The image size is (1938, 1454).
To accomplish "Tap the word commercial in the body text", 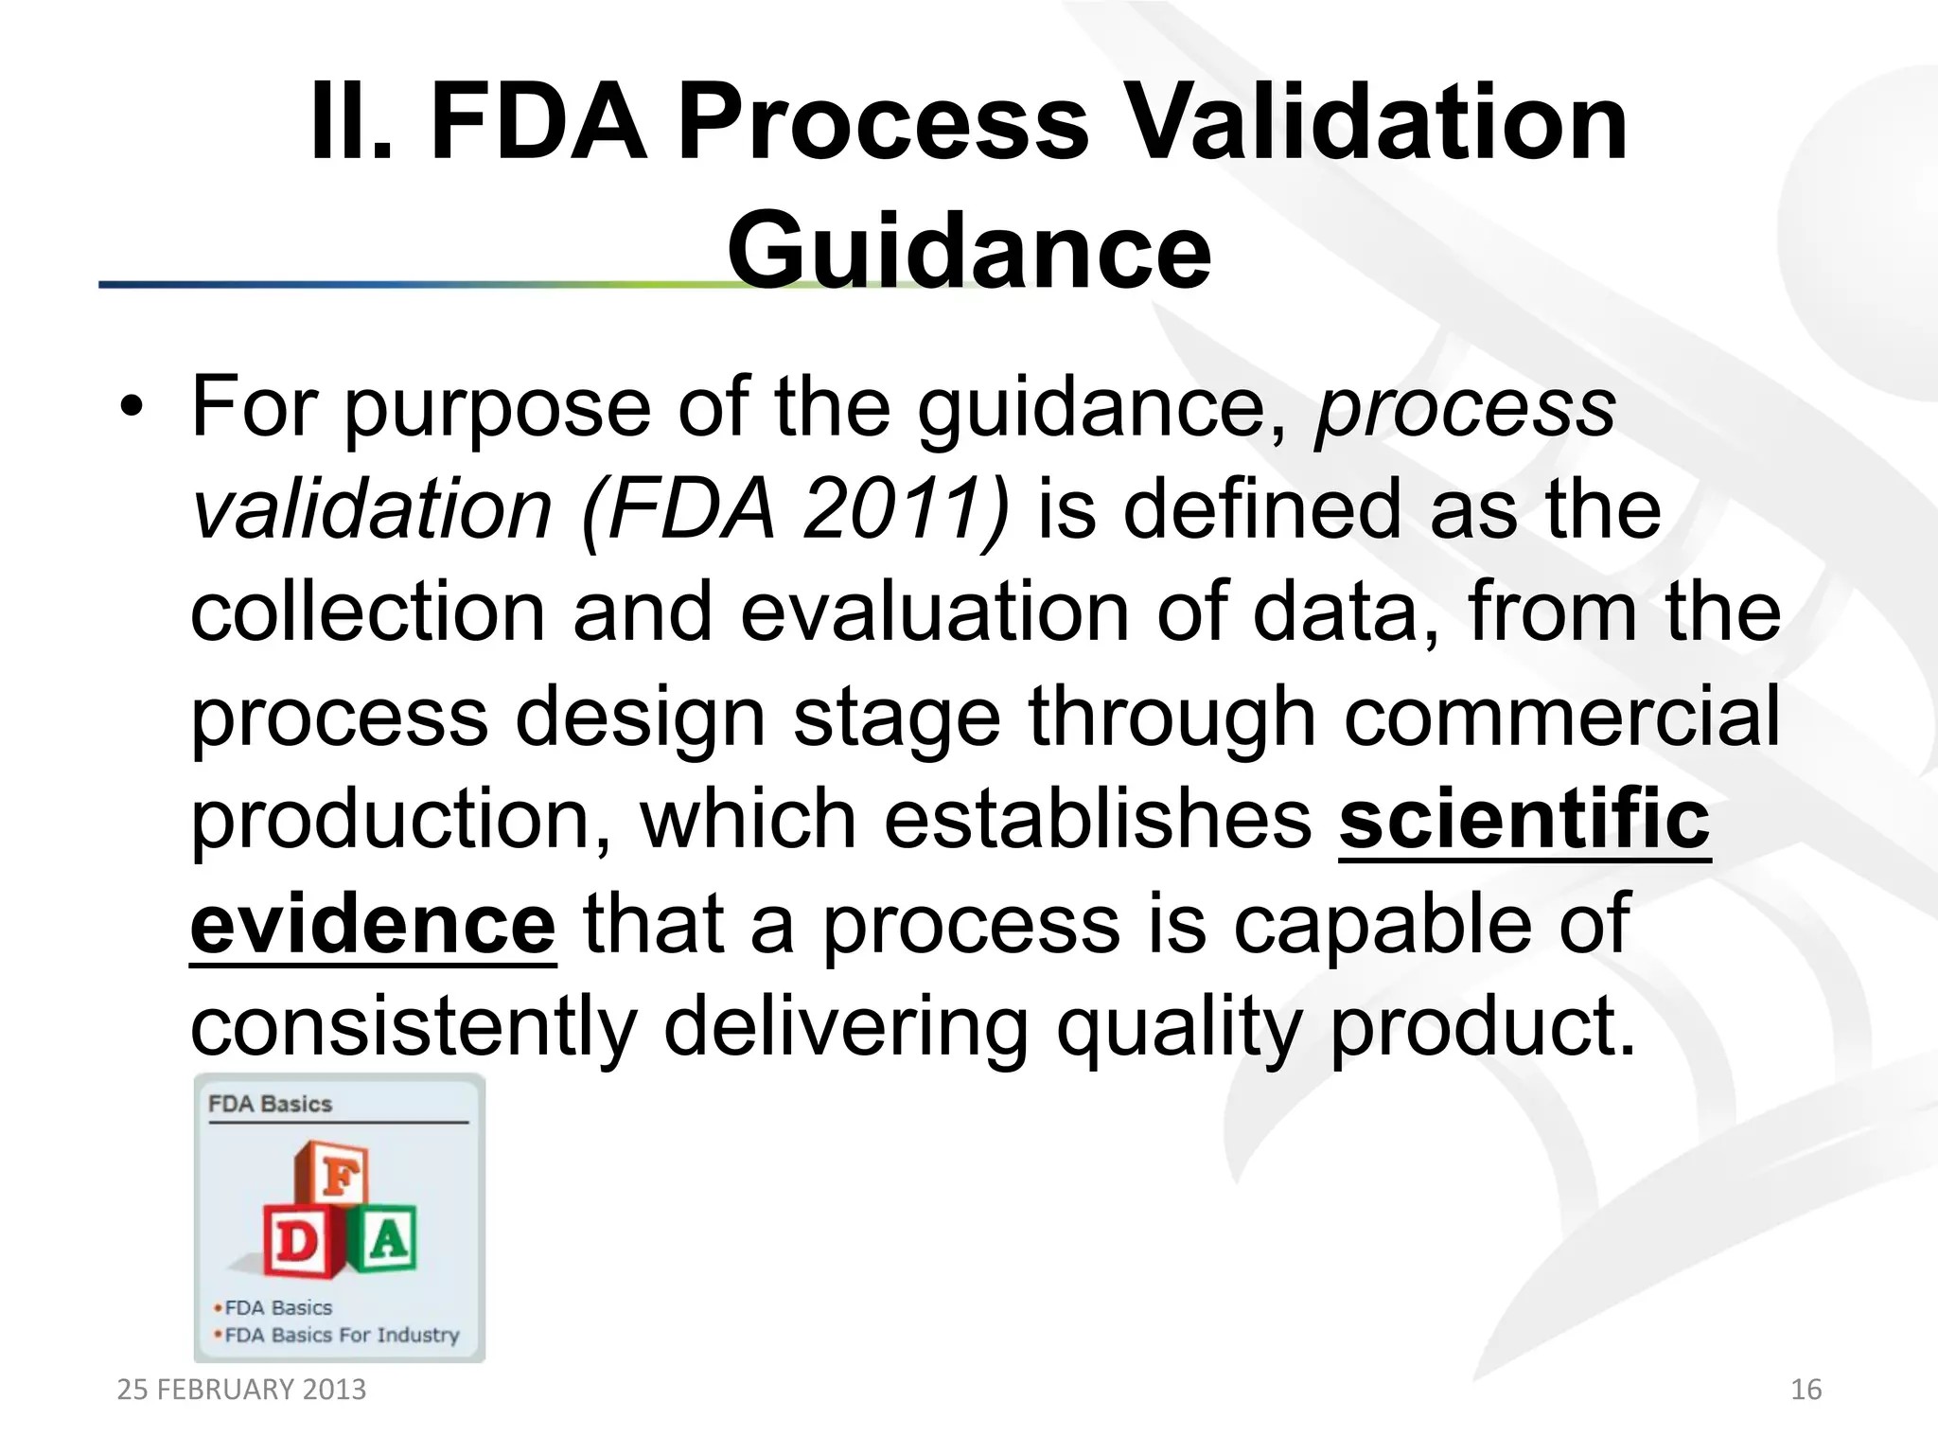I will pos(1562,717).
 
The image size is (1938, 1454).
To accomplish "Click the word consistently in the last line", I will pos(414,1027).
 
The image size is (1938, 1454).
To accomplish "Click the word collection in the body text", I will pos(368,612).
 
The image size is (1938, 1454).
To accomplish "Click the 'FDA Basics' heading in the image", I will pos(271,1104).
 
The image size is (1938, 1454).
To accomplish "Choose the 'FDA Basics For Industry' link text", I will pos(342,1335).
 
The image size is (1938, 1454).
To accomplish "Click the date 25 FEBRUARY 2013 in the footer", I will pos(241,1390).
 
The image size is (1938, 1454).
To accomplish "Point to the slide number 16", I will pos(1806,1390).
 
